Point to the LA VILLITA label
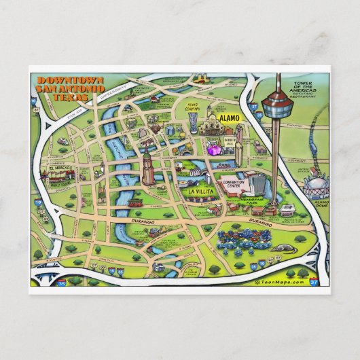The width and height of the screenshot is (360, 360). [x=201, y=192]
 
